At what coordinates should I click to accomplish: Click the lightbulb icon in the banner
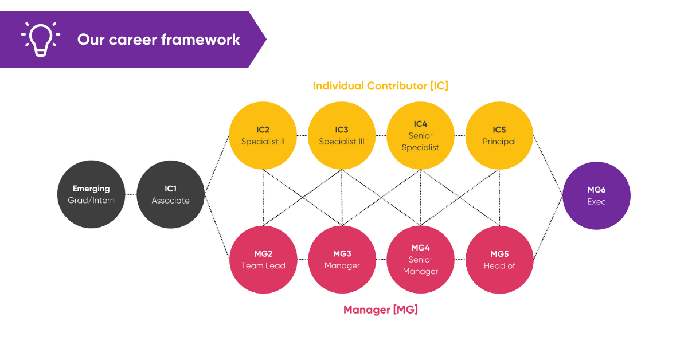click(x=39, y=39)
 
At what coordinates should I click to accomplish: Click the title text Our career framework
click(x=159, y=40)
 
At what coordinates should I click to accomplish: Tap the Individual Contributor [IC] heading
click(x=380, y=86)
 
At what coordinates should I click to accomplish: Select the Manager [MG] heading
click(x=380, y=310)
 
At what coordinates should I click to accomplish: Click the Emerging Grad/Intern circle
click(x=91, y=194)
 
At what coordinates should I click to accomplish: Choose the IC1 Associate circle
click(x=170, y=194)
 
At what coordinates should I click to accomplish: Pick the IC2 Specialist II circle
click(x=263, y=135)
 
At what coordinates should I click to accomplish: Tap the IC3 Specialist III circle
click(x=342, y=135)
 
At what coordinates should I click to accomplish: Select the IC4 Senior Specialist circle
click(x=420, y=135)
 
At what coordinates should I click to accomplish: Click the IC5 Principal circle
click(x=499, y=135)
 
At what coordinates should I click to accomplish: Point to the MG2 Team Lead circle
click(x=263, y=260)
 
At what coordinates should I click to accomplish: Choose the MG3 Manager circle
click(x=342, y=260)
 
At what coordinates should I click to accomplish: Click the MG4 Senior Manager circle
click(x=420, y=260)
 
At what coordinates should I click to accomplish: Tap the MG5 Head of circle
click(x=499, y=260)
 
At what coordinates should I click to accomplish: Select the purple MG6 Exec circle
click(x=596, y=196)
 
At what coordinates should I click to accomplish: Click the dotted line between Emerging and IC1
click(x=131, y=194)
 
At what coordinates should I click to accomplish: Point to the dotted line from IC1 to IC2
click(x=217, y=165)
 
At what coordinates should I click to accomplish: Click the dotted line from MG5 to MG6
click(x=547, y=228)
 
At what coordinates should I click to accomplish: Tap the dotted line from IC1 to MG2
click(x=217, y=225)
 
